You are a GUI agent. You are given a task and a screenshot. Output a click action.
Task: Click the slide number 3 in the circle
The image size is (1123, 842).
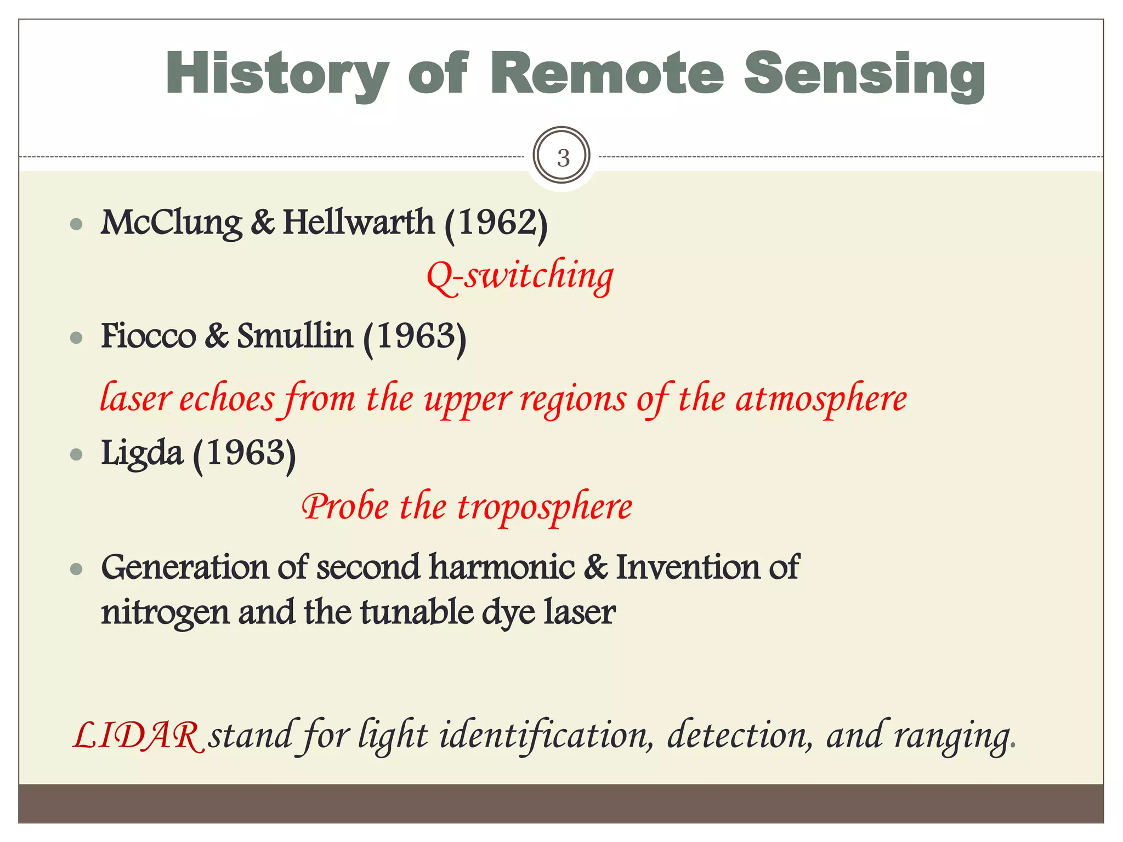pyautogui.click(x=563, y=158)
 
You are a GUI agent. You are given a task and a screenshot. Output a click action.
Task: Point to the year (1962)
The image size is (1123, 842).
pyautogui.click(x=496, y=223)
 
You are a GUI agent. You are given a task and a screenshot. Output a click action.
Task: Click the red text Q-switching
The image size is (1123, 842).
pyautogui.click(x=520, y=276)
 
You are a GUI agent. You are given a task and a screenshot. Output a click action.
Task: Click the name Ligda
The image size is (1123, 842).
pyautogui.click(x=141, y=453)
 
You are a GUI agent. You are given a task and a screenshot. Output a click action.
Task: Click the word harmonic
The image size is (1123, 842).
pyautogui.click(x=502, y=567)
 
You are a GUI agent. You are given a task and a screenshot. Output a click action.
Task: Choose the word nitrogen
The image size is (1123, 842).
pyautogui.click(x=165, y=612)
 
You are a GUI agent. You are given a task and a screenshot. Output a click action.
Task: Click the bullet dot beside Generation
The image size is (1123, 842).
pyautogui.click(x=77, y=570)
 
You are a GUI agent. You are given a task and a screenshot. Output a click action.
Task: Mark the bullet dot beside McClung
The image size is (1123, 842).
pyautogui.click(x=77, y=225)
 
